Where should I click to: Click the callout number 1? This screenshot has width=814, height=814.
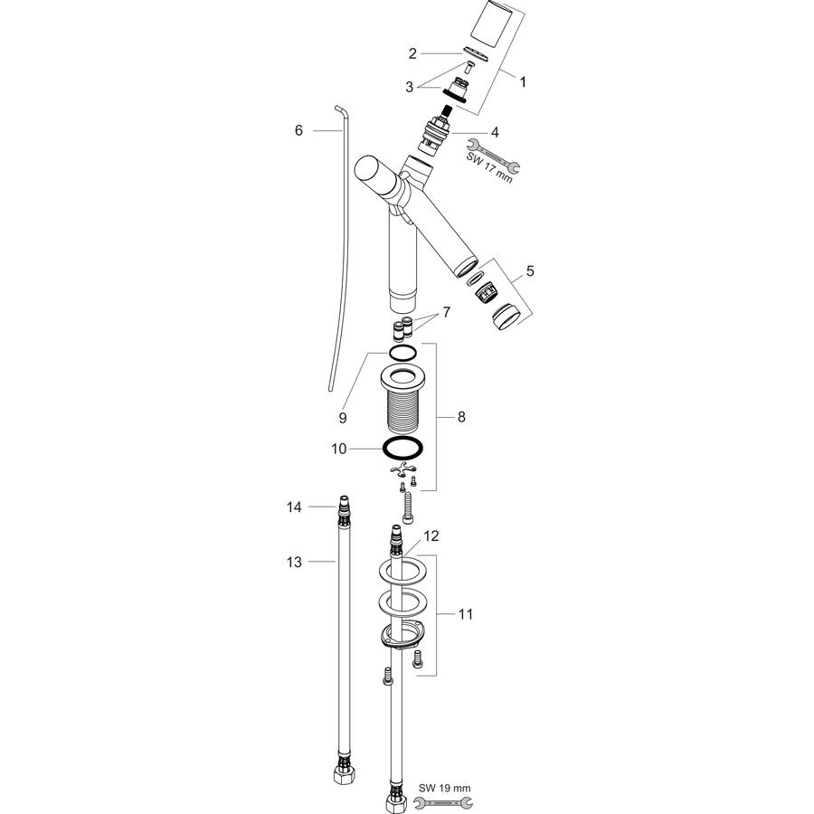click(523, 82)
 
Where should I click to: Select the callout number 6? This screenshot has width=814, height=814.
click(298, 130)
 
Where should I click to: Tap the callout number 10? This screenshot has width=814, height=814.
click(338, 449)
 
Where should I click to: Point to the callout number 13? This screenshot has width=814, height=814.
click(294, 562)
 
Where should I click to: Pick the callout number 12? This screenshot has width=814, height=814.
click(431, 535)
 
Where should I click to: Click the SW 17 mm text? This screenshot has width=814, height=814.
click(489, 167)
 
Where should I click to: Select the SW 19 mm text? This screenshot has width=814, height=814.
click(444, 788)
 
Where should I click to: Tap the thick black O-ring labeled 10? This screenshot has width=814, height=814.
click(402, 448)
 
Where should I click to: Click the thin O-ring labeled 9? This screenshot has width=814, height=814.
click(402, 353)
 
